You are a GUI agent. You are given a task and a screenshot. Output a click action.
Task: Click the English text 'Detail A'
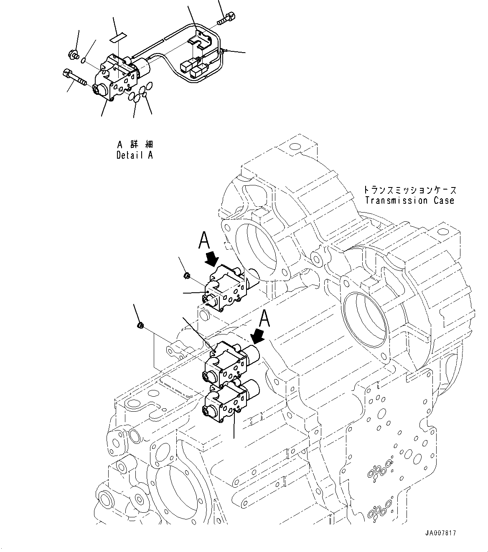[x=135, y=155]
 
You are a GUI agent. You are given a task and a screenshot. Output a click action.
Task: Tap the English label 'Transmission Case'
[x=409, y=200]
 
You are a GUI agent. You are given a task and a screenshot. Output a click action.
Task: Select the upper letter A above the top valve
[x=204, y=241]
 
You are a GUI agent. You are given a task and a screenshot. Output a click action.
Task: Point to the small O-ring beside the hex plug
[x=84, y=61]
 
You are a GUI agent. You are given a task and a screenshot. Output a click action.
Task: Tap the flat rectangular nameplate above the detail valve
[x=117, y=38]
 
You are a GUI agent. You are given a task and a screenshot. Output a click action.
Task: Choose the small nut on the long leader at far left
[x=141, y=325]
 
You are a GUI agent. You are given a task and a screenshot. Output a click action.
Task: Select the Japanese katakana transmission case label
[x=409, y=190]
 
